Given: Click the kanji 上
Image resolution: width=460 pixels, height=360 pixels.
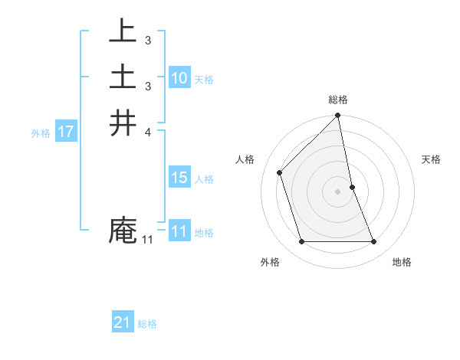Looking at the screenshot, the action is coord(123,31).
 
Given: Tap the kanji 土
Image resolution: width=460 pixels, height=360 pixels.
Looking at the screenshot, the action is coord(123,77).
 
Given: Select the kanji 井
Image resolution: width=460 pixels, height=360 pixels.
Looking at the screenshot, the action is coord(123,123).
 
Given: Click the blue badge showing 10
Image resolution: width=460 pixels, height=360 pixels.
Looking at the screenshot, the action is coord(179,78).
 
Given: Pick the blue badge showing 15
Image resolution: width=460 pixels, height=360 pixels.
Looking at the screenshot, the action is coord(179,178).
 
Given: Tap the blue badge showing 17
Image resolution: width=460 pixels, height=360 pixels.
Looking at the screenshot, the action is coord(66,133).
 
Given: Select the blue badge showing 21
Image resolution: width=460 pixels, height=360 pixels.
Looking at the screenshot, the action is coord(123,323).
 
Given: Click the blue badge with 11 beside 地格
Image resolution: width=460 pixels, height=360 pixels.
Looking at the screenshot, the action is coord(179,232).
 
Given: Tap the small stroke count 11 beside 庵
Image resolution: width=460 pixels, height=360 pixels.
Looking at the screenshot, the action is coord(147,241).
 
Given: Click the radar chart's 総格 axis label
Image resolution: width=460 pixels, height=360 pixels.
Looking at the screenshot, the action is coord(338,100).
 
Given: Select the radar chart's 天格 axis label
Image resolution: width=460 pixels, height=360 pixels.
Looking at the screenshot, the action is coord(432,159).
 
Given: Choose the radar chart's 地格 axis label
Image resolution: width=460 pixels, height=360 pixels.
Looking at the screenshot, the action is coord(402,262).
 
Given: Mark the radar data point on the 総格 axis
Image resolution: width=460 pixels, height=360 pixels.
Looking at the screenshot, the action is coord(338,116).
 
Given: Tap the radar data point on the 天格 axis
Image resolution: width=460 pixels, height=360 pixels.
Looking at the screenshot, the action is coord(352,187).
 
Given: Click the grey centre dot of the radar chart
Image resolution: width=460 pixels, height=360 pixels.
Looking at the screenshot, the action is coord(338,191).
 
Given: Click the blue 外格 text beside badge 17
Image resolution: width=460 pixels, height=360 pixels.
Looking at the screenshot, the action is coord(41,133).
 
